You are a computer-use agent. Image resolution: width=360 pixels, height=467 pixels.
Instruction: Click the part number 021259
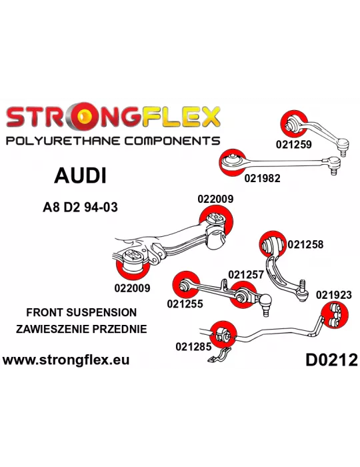pos(293,145)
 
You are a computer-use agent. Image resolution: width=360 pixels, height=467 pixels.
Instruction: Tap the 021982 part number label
pos(263,178)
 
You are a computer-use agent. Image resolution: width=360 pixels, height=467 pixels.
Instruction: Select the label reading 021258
pos(305,244)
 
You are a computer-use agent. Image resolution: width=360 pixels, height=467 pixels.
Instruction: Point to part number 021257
pos(246,274)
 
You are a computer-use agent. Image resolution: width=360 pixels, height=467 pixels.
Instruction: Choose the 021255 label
pos(185,304)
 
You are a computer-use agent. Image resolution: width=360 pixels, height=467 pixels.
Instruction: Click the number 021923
pos(334,295)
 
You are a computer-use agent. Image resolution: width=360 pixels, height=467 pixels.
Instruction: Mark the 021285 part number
pos(193,346)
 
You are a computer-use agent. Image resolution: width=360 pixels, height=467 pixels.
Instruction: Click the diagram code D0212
pos(332,360)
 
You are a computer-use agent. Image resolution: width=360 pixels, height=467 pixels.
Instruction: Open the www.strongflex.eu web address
pos(66,360)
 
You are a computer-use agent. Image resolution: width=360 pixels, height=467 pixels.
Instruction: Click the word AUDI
pos(80,175)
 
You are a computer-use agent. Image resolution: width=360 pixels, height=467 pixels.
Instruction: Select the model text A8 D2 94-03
pos(80,207)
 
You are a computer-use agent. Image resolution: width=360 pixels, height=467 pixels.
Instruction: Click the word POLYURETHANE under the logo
pos(63,141)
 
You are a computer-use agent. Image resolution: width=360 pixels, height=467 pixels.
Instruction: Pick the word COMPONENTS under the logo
pos(172,141)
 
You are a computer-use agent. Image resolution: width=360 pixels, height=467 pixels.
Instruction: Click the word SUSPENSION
pos(101,312)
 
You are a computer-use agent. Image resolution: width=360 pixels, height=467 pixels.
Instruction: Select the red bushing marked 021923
pos(335,315)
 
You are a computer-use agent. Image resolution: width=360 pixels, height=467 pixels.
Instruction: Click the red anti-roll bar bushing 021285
pos(223,335)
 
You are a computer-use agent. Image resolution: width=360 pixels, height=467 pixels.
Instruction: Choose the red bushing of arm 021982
pos(233,162)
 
